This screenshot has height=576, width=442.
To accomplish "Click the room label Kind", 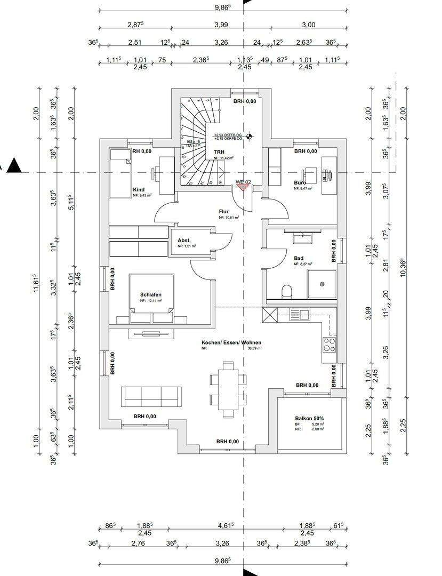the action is [x=139, y=189].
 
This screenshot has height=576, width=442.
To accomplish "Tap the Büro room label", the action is [x=300, y=182].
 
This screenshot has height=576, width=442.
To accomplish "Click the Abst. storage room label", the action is [x=184, y=241].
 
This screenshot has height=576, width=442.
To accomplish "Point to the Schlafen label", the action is [x=150, y=294].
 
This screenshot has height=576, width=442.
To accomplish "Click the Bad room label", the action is [x=299, y=258].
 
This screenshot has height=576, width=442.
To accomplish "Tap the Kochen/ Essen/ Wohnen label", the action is [x=231, y=343].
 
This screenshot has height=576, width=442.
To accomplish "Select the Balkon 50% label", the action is [x=310, y=419].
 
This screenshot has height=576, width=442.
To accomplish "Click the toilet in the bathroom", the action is [x=287, y=292].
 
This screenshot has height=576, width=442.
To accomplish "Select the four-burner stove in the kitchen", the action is [x=330, y=344].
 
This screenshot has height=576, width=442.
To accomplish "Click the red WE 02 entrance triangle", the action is [x=243, y=186].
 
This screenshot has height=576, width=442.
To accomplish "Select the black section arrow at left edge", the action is [x=15, y=166].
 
